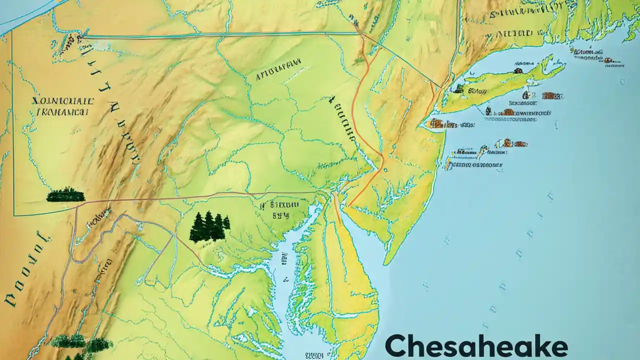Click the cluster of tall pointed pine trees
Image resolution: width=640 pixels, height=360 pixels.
point(209,226)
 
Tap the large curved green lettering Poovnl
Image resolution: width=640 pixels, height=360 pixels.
point(25,270)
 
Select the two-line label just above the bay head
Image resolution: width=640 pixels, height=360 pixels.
point(283,210)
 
